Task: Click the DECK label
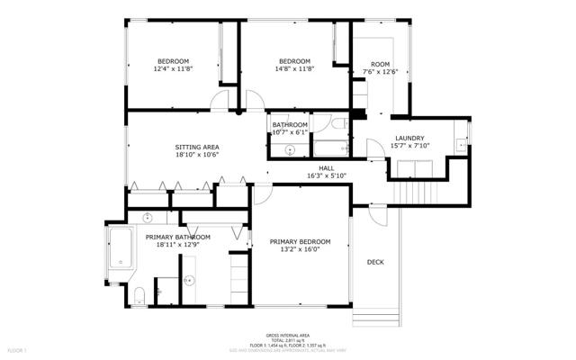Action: click(375, 262)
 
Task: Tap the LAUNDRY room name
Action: click(409, 138)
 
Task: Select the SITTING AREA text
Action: click(197, 147)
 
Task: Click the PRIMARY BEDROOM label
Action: click(300, 241)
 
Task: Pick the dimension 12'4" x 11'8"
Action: click(173, 68)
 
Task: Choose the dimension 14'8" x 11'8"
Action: click(294, 68)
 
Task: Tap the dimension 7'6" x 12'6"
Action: click(380, 72)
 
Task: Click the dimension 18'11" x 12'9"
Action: click(178, 245)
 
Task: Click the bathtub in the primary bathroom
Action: click(120, 248)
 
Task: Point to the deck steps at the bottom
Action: click(376, 319)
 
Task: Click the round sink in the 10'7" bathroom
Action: click(276, 138)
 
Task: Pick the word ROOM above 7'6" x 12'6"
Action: click(381, 64)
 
